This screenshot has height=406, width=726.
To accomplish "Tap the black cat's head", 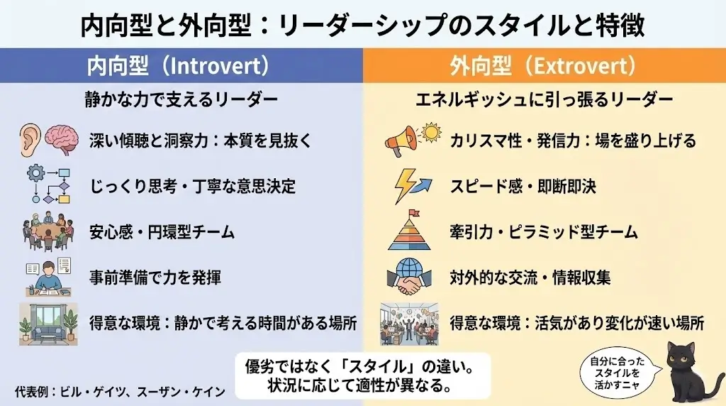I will click(681, 355).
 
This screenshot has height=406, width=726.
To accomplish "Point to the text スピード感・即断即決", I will click(523, 187).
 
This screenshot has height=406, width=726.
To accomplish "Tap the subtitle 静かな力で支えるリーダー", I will click(181, 100).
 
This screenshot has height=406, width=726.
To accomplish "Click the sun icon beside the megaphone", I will click(430, 132).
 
